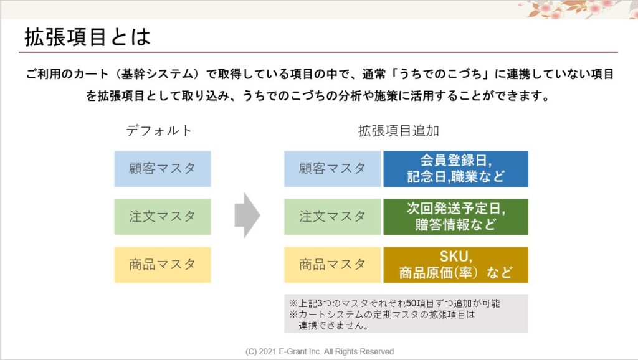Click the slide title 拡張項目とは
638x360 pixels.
tap(87, 37)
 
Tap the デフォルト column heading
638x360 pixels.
tap(159, 131)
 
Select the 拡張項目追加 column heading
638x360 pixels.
tap(398, 131)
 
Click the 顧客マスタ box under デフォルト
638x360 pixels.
tap(163, 169)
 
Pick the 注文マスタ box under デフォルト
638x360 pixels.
tap(163, 217)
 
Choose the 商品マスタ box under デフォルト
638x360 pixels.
tap(163, 265)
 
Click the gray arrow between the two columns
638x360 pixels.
tap(247, 215)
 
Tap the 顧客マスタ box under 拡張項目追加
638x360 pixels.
tap(333, 169)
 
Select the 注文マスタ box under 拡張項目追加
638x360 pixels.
tap(333, 217)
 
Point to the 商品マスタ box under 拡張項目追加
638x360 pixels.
tap(333, 265)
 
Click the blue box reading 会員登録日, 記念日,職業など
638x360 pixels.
tap(455, 169)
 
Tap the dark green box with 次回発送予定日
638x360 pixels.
tap(455, 217)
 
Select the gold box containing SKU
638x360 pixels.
tap(455, 265)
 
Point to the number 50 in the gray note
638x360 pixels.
tap(411, 303)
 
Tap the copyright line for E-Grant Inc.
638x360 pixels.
tap(320, 351)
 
